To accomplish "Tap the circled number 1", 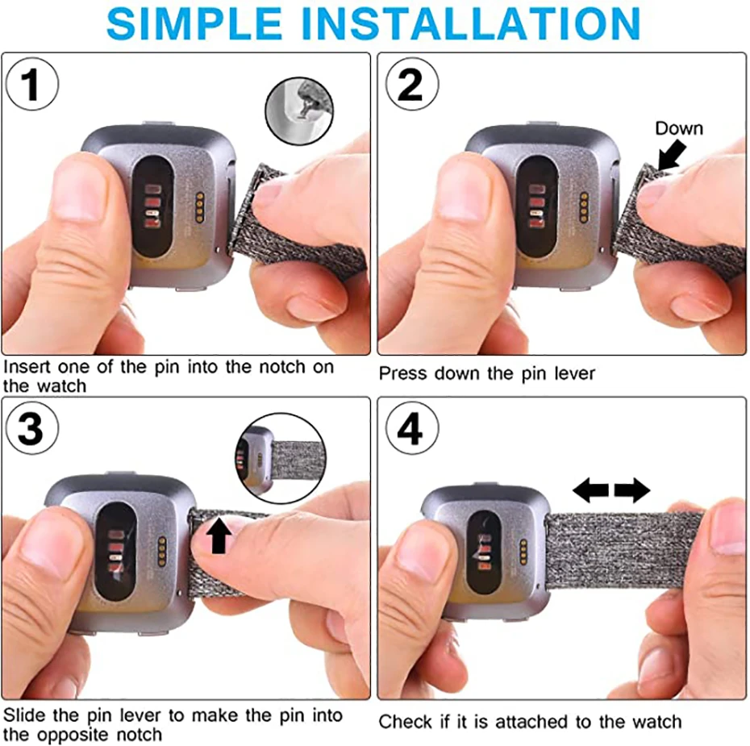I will click(31, 85).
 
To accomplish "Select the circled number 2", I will click(410, 85).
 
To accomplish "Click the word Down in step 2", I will click(678, 128).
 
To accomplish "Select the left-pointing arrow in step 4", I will click(590, 490).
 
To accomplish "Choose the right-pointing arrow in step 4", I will click(631, 490).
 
